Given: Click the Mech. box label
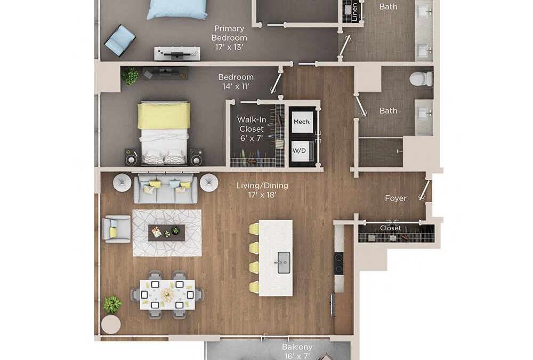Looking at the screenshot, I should click(x=301, y=122).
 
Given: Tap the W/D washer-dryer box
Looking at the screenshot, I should click(x=299, y=151).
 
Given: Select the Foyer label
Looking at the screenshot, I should click(x=396, y=198).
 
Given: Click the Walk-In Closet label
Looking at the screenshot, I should click(x=252, y=129).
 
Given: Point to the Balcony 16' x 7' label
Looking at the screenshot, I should click(x=297, y=351).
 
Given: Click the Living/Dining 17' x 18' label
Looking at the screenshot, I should click(x=262, y=190).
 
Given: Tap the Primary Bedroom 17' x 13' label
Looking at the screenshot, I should click(x=229, y=37).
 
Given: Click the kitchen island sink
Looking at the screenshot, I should click(x=284, y=262).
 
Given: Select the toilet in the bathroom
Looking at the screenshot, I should click(x=421, y=79).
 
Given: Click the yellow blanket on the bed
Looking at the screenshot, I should click(x=164, y=116).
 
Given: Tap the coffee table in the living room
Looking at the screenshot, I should click(x=166, y=233).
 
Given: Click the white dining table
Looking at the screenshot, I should click(x=167, y=294).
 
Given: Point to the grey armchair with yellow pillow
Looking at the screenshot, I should click(x=117, y=229).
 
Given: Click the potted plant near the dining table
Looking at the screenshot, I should click(x=112, y=305).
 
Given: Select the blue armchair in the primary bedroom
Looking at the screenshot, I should click(x=120, y=41).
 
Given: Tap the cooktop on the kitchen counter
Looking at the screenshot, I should click(x=338, y=263).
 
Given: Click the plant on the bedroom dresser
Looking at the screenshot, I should click(x=130, y=76).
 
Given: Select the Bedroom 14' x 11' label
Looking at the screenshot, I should click(x=236, y=82).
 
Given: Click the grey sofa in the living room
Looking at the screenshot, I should click(x=165, y=188).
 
